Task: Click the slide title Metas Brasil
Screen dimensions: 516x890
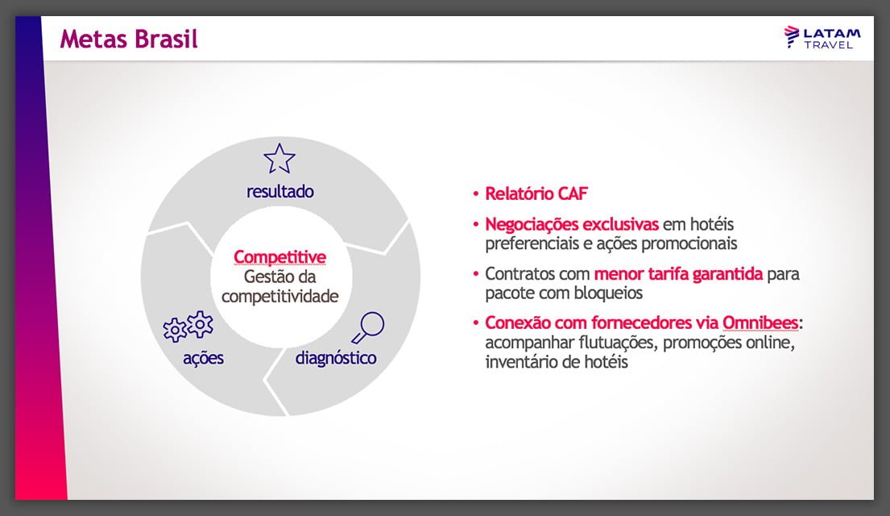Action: click(x=128, y=39)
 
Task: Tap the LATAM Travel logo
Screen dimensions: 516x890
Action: click(x=822, y=37)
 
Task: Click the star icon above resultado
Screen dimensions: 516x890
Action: click(x=279, y=159)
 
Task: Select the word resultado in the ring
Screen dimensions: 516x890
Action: click(x=279, y=192)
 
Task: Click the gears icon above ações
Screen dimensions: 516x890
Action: click(x=188, y=327)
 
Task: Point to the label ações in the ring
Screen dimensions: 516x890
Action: click(x=203, y=357)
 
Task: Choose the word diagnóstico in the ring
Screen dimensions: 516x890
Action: click(x=336, y=357)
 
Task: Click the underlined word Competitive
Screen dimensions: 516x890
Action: click(x=279, y=257)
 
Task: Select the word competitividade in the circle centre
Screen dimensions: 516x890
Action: click(x=279, y=296)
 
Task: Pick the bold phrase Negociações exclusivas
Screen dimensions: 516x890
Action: click(x=571, y=224)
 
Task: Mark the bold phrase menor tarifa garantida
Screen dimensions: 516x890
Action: click(x=678, y=274)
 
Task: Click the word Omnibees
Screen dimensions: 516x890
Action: click(x=760, y=323)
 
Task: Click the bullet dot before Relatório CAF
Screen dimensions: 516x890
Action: click(x=476, y=194)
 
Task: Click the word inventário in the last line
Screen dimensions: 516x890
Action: click(x=523, y=362)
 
